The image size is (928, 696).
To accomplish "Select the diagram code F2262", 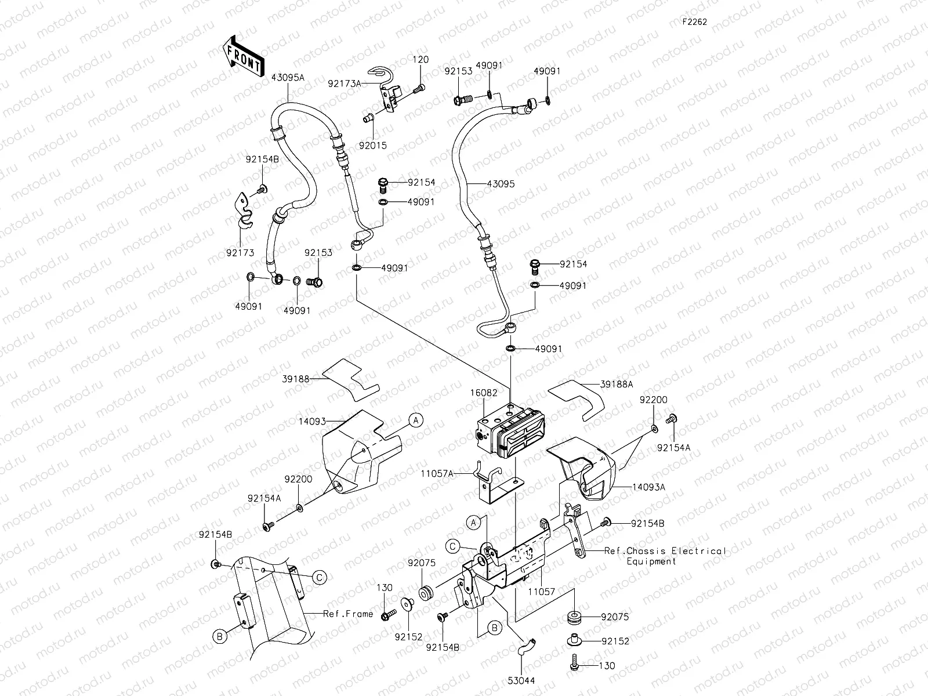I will [x=694, y=23].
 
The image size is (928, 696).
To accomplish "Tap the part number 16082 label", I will [x=483, y=393].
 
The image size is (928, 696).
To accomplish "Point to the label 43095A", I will [x=288, y=78].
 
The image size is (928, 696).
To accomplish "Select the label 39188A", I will [x=617, y=384].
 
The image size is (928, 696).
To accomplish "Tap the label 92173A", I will [x=344, y=84].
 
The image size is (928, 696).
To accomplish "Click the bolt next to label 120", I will [x=419, y=88].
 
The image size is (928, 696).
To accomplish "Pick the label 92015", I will [x=372, y=146].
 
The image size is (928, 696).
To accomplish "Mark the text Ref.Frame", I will [x=348, y=614].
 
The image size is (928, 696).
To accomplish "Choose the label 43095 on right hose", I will [x=500, y=184].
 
